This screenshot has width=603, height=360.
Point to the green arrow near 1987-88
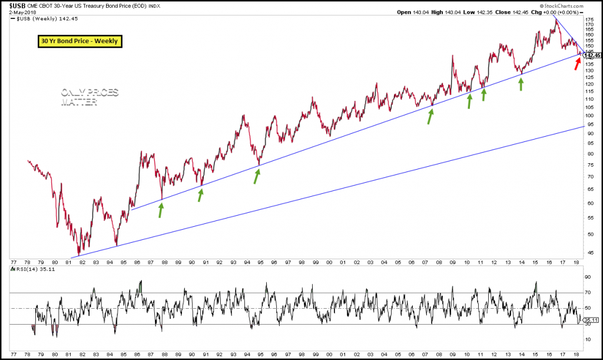click(161, 210)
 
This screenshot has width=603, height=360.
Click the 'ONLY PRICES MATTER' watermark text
click(89, 97)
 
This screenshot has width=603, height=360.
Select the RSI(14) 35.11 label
click(32, 269)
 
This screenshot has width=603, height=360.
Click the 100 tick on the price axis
click(589, 116)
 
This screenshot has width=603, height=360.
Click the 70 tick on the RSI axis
click(588, 293)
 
